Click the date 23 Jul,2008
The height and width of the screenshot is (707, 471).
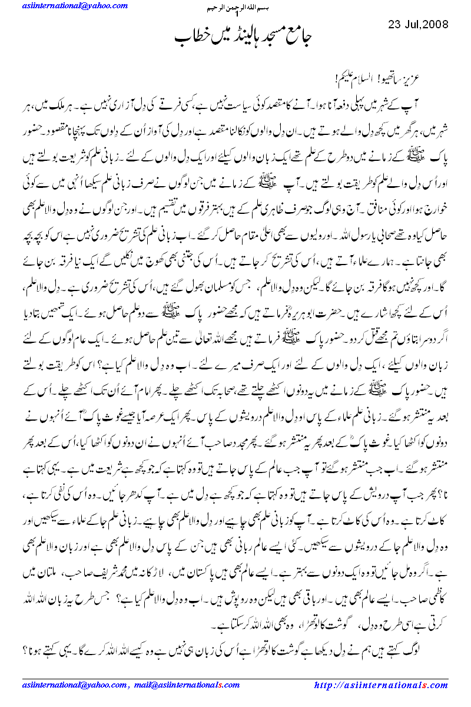[x=419, y=25]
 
